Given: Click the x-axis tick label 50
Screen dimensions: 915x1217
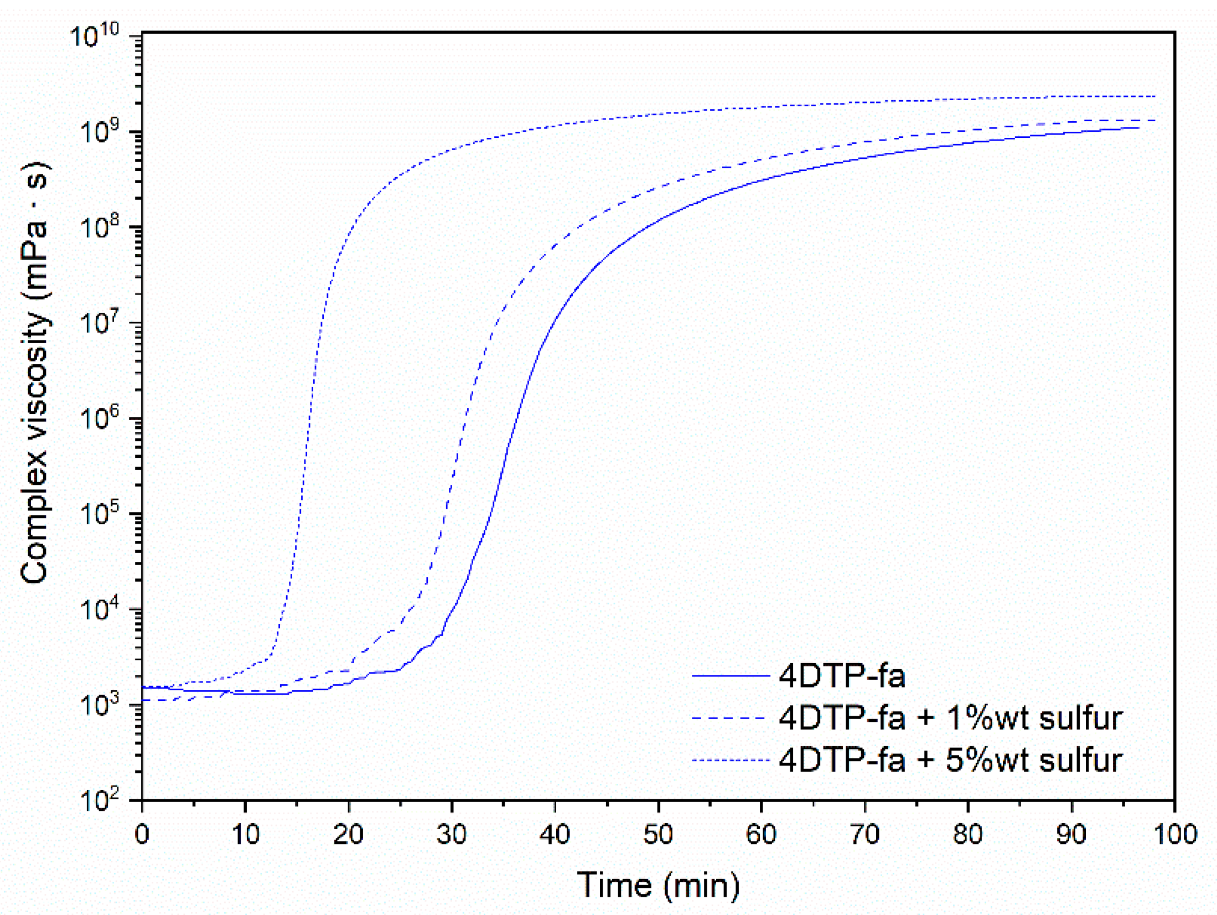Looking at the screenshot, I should click(x=657, y=834).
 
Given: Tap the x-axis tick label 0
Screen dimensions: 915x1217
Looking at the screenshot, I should click(x=142, y=834).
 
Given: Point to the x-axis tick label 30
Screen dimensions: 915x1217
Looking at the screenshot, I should click(x=451, y=834).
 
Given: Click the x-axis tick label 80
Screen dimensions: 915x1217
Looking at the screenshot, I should click(x=967, y=834).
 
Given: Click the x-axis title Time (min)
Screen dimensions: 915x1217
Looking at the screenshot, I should click(x=657, y=885).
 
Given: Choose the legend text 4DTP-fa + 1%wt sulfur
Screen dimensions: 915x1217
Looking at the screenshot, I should click(x=950, y=718).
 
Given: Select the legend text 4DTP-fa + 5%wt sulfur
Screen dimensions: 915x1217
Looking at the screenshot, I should click(x=950, y=760).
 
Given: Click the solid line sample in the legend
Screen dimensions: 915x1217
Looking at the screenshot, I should click(x=730, y=676).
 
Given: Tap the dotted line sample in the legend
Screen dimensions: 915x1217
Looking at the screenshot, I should click(x=730, y=761).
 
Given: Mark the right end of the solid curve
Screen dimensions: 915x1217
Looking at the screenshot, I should click(x=1138, y=128).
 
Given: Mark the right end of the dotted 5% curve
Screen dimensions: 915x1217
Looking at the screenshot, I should click(x=1154, y=96).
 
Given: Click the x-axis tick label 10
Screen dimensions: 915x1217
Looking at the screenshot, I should click(x=245, y=834).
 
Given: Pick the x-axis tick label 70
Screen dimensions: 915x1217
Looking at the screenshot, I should click(x=864, y=834).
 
